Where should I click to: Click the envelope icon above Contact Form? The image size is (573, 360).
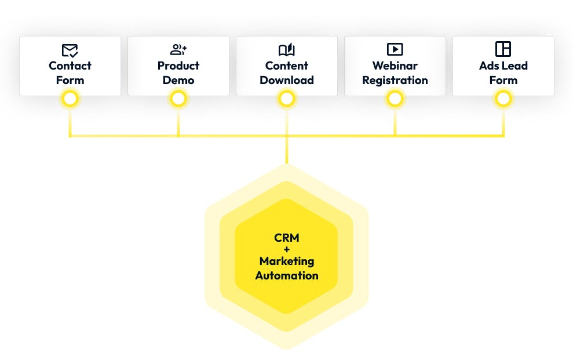point(70,50)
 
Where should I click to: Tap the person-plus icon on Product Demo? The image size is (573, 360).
point(178,50)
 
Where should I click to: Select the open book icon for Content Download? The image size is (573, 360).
point(287,50)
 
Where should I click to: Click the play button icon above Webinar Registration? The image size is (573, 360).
point(395,49)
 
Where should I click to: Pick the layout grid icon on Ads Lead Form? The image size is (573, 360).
point(503,49)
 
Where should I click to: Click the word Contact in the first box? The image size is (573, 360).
point(70,66)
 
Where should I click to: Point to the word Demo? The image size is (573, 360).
point(178,80)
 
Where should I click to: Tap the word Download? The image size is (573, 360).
point(287,80)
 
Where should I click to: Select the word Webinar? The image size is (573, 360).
point(395,66)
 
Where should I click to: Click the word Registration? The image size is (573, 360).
point(395,80)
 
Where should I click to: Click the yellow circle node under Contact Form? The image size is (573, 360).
point(70,99)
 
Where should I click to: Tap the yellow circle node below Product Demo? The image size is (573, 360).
point(178,99)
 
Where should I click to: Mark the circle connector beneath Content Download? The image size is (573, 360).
point(287,99)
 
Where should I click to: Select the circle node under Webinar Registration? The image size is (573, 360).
point(395,99)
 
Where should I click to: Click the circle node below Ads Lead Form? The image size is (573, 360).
point(503,99)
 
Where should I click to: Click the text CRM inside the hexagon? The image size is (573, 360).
point(287,238)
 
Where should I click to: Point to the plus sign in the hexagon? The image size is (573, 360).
point(287,250)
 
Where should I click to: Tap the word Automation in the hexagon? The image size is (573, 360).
point(287,275)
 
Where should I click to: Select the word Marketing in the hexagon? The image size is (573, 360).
point(287,262)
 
